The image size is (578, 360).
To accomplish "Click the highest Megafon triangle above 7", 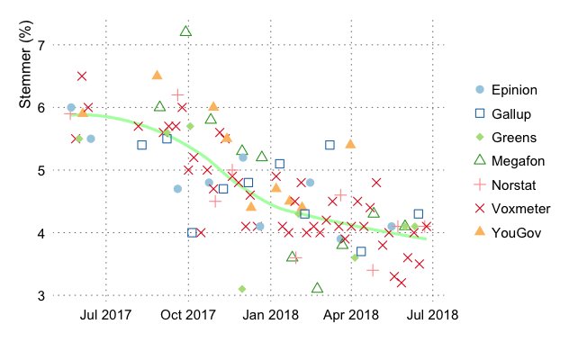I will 185,31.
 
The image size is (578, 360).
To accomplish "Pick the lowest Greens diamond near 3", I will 242,289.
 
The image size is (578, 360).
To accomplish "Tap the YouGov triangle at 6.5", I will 157,76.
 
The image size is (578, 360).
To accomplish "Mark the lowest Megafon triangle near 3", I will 317,288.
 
